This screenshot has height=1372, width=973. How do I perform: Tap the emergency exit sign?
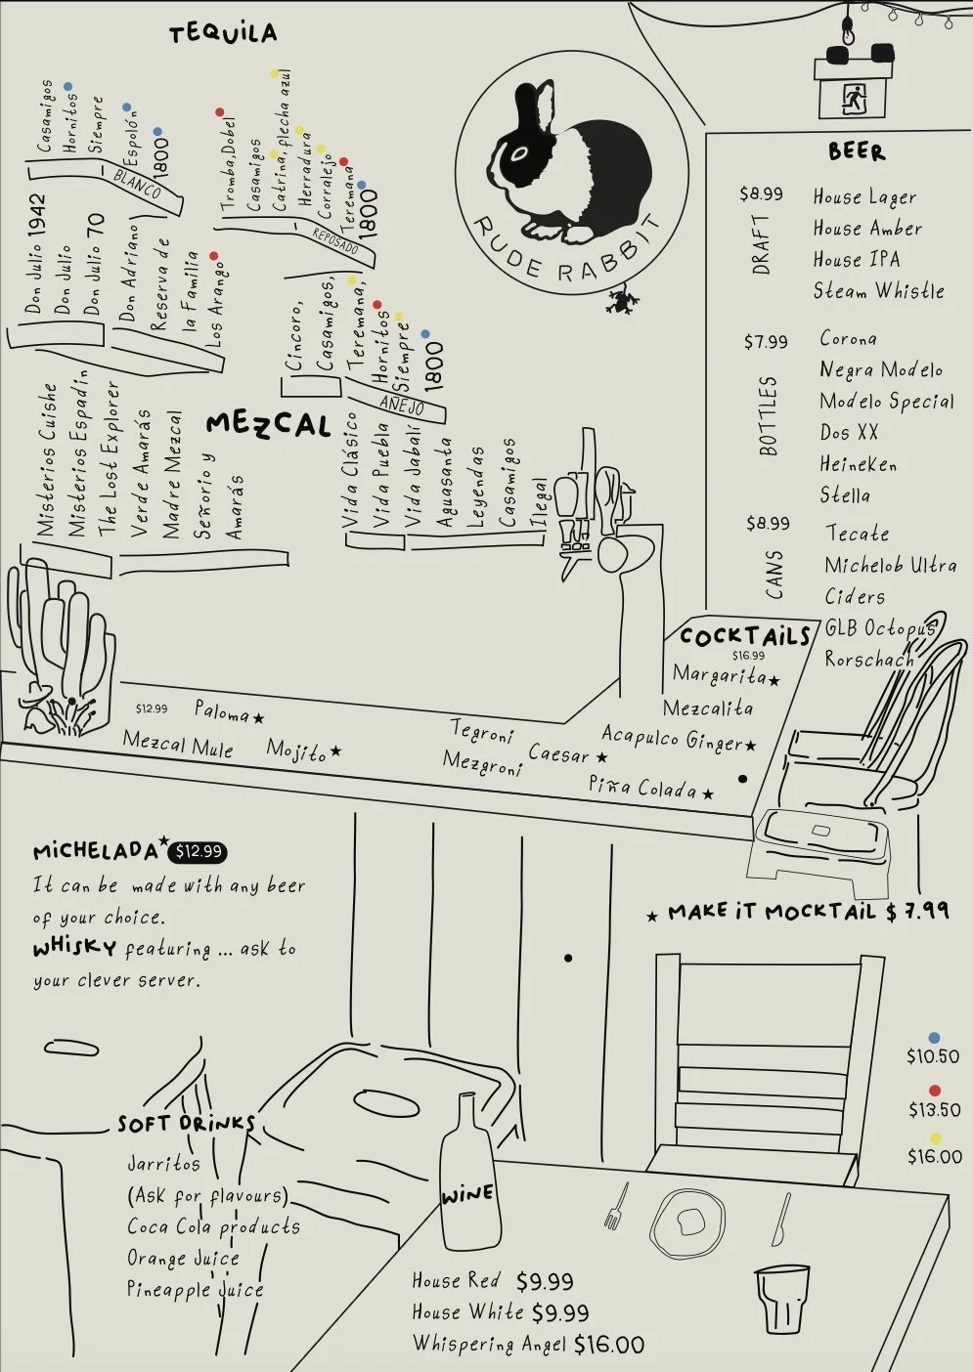pos(854,99)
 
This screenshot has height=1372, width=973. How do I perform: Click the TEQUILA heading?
pos(223,34)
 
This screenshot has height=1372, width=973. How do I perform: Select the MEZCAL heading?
pos(268,425)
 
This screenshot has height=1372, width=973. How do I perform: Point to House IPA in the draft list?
pos(857,260)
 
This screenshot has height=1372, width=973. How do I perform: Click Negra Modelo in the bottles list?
pos(881,369)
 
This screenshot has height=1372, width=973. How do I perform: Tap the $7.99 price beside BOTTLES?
pos(765,342)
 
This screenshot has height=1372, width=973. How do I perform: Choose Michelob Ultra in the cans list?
pos(890,565)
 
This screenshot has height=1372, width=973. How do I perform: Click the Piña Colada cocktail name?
pos(642,788)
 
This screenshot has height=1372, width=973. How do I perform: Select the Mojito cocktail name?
pos(296,750)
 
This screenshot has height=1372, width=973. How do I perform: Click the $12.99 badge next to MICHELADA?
pos(198,852)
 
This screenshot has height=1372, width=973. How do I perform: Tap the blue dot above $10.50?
pos(934,1038)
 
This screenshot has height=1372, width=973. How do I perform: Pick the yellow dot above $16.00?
pos(935,1138)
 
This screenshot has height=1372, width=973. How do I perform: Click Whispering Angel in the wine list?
pos(489,1344)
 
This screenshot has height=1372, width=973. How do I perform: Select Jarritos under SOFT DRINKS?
pos(163,1164)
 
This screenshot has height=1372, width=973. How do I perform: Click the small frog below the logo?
pos(619,300)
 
